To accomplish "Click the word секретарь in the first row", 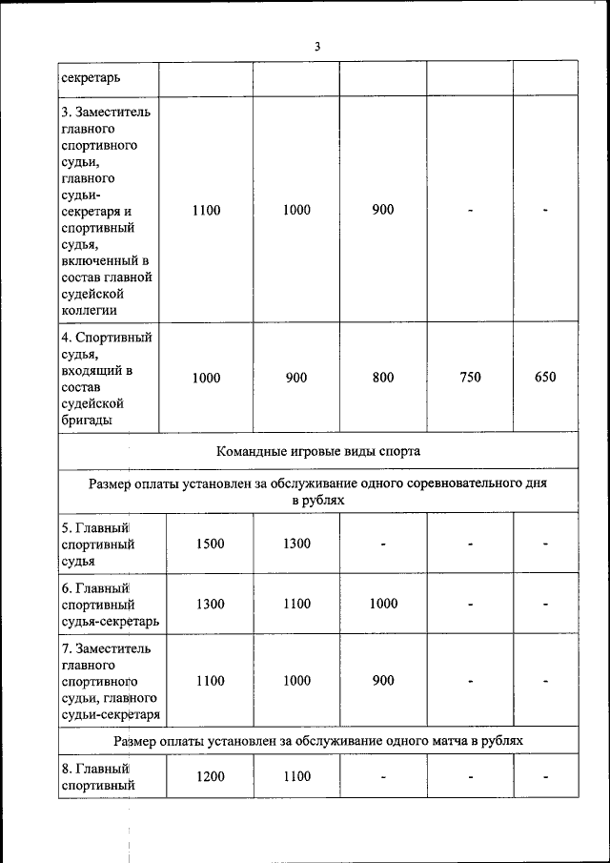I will pyautogui.click(x=91, y=77).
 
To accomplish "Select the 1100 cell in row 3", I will pyautogui.click(x=206, y=210).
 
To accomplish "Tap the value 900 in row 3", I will pyautogui.click(x=382, y=210).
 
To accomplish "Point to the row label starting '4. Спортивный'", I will pyautogui.click(x=106, y=378).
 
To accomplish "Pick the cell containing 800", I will pyautogui.click(x=382, y=378).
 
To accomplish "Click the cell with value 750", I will pyautogui.click(x=470, y=378).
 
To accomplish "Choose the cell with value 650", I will pyautogui.click(x=544, y=378).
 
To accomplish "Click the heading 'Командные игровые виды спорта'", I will pyautogui.click(x=317, y=451).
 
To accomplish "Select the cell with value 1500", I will pyautogui.click(x=210, y=544).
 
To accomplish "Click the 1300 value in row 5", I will pyautogui.click(x=296, y=544).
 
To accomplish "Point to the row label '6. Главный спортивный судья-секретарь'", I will pyautogui.click(x=110, y=604).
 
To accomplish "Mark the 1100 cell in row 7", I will pyautogui.click(x=210, y=681).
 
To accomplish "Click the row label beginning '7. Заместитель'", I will pyautogui.click(x=110, y=681).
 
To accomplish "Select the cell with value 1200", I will pyautogui.click(x=210, y=776).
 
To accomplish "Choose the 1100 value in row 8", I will pyautogui.click(x=296, y=776).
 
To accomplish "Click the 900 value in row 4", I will pyautogui.click(x=296, y=378).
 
